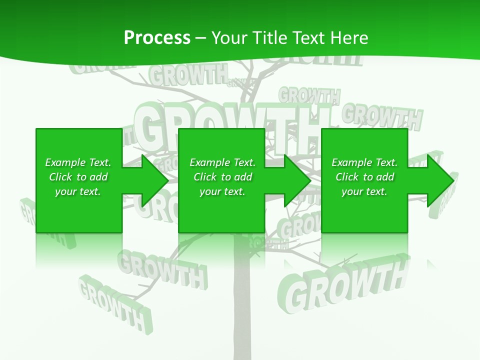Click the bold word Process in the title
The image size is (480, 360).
click(157, 38)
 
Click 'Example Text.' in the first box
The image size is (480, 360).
click(78, 162)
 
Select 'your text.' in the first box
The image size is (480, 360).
click(78, 191)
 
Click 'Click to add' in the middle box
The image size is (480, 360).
click(222, 177)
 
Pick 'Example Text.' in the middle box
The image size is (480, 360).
click(222, 162)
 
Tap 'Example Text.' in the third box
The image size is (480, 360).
click(364, 162)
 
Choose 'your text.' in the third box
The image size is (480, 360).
click(364, 191)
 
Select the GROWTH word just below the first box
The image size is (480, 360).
click(162, 270)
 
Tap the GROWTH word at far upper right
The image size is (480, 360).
click(382, 116)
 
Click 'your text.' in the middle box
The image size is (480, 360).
click(222, 191)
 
